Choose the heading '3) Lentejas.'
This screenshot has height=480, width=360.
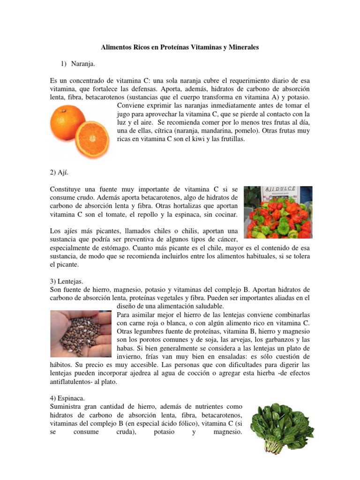[66, 281]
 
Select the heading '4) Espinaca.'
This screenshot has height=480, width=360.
[67, 398]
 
